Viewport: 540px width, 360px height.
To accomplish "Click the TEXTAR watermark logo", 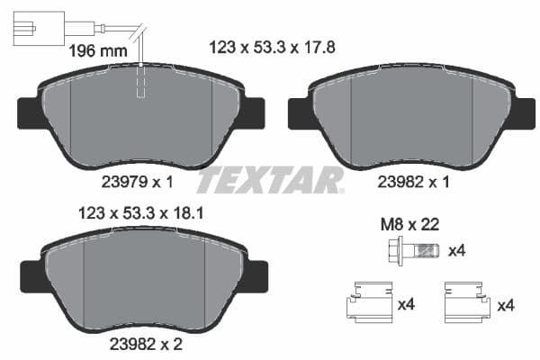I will [270, 180].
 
